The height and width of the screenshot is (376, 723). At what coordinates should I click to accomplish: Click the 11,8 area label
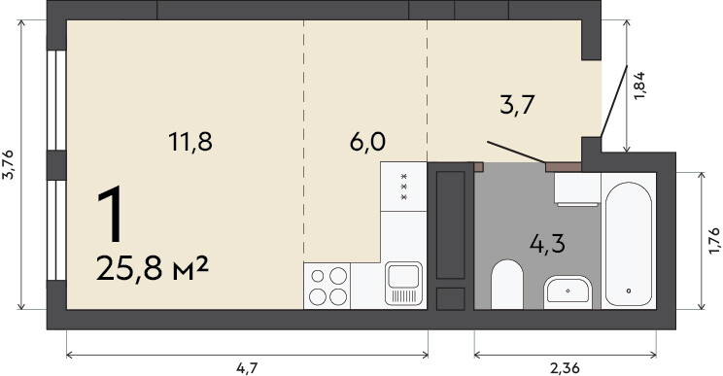coord(189,142)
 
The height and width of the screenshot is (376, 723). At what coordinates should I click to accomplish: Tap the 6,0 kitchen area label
coord(367,142)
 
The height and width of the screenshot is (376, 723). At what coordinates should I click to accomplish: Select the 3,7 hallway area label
coord(517,105)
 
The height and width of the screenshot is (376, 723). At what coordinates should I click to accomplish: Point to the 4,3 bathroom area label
coord(547,243)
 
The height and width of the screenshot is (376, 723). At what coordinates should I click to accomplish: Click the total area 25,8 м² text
coord(153,268)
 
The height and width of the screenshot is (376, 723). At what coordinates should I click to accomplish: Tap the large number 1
coord(111,215)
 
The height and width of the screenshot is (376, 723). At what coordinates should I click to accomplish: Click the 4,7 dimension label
coord(247,368)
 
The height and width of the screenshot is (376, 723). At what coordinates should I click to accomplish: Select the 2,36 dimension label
coord(565,368)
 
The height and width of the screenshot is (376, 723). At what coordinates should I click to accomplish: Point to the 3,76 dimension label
coord(9,164)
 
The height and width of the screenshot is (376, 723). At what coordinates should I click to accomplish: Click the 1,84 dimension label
coord(639,86)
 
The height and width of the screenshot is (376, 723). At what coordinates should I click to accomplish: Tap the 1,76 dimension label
coord(714,241)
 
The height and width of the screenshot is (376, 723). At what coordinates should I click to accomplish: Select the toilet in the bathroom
coord(506,285)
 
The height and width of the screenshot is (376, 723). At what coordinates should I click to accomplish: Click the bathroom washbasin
coord(568,292)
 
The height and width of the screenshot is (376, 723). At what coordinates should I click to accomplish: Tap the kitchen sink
coord(404,284)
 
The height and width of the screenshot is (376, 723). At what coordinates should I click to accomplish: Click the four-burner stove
coord(327,286)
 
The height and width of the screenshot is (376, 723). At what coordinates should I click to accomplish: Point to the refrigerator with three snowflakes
coord(403,187)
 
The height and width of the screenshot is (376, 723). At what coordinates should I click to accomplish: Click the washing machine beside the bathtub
coord(577,189)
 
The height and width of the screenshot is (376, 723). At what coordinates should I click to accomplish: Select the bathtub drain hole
coord(628,291)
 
